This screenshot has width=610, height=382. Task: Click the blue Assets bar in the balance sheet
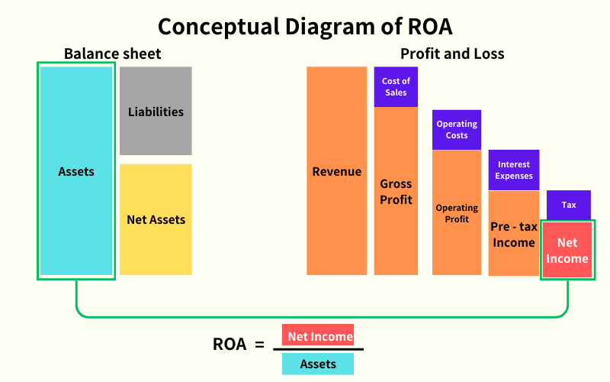tap(76, 171)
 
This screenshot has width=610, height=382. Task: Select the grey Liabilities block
tap(156, 111)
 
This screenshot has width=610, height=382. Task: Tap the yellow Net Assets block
tap(156, 219)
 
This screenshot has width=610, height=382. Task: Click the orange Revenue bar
tap(336, 171)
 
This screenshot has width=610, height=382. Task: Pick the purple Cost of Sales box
tap(396, 86)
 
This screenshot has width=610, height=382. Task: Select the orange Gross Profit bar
tap(396, 191)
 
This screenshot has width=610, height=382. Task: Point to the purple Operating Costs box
tap(457, 129)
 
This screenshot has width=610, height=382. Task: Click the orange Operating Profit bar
tap(457, 212)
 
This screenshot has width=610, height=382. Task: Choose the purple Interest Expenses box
tap(514, 170)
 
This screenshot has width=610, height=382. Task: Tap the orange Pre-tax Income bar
tap(513, 234)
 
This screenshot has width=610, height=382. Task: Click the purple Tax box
tap(569, 205)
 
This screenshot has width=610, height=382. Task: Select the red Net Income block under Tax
tap(567, 250)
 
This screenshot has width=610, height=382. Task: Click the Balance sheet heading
tap(113, 54)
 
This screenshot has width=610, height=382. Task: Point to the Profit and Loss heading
tap(452, 54)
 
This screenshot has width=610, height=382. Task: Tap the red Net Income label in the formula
tap(320, 336)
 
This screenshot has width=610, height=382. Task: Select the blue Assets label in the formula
tap(318, 364)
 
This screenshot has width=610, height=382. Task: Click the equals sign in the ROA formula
tap(258, 345)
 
